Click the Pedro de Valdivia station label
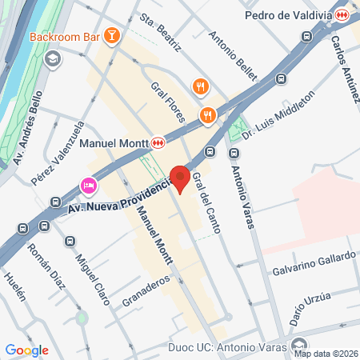pos(288,14)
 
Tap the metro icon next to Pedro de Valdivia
pos(342,14)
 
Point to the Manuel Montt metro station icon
pos(158,142)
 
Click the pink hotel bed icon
pos(88,186)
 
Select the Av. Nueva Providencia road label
pos(120,197)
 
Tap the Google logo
pos(26,350)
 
